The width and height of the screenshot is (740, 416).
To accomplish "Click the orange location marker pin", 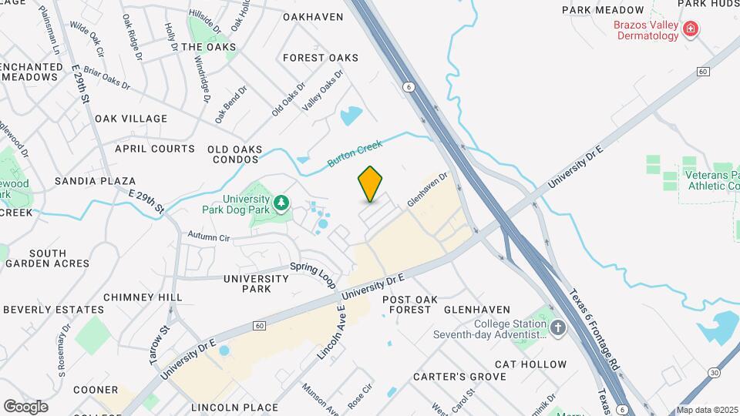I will coord(370,184).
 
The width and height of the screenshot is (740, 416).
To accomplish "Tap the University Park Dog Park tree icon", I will coord(282,203).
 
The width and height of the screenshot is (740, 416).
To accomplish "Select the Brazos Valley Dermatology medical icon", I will coord(691,30).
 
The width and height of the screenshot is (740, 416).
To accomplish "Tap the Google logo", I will coord(25,406).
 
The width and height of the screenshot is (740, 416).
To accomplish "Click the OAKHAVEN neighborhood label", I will coord(313,16).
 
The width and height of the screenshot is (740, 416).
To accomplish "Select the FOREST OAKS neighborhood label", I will coord(321,58).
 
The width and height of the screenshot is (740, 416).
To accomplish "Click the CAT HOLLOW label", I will coord(530,364).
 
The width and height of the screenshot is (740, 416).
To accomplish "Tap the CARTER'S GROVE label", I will coord(459,377).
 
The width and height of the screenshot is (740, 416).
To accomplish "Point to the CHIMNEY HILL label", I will coord(143,297).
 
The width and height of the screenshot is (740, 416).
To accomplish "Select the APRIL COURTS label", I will coord(155,149).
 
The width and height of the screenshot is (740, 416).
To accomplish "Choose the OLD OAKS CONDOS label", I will coord(234,154).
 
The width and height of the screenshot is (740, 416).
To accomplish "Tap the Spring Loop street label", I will coord(314,275).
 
